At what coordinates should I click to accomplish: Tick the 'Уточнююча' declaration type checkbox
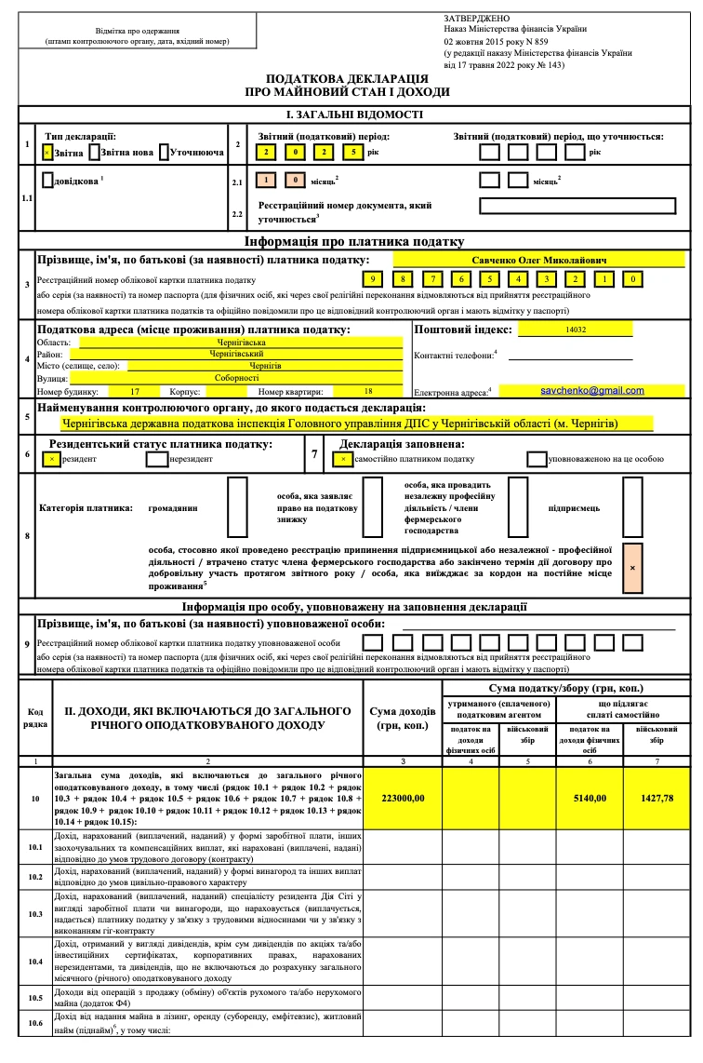pos(164,152)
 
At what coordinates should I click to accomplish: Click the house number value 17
pos(136,391)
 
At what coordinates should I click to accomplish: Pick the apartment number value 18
pos(368,391)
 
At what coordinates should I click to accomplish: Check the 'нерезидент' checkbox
pos(157,458)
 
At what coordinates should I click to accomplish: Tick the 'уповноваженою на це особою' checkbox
pos(537,458)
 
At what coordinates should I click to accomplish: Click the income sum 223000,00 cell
pos(404,798)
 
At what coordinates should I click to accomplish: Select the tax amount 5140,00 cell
pos(590,798)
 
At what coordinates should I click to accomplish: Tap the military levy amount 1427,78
pos(657,798)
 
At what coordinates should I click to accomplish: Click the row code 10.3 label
pos(35,914)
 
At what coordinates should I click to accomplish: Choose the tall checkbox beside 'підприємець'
pos(633,508)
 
